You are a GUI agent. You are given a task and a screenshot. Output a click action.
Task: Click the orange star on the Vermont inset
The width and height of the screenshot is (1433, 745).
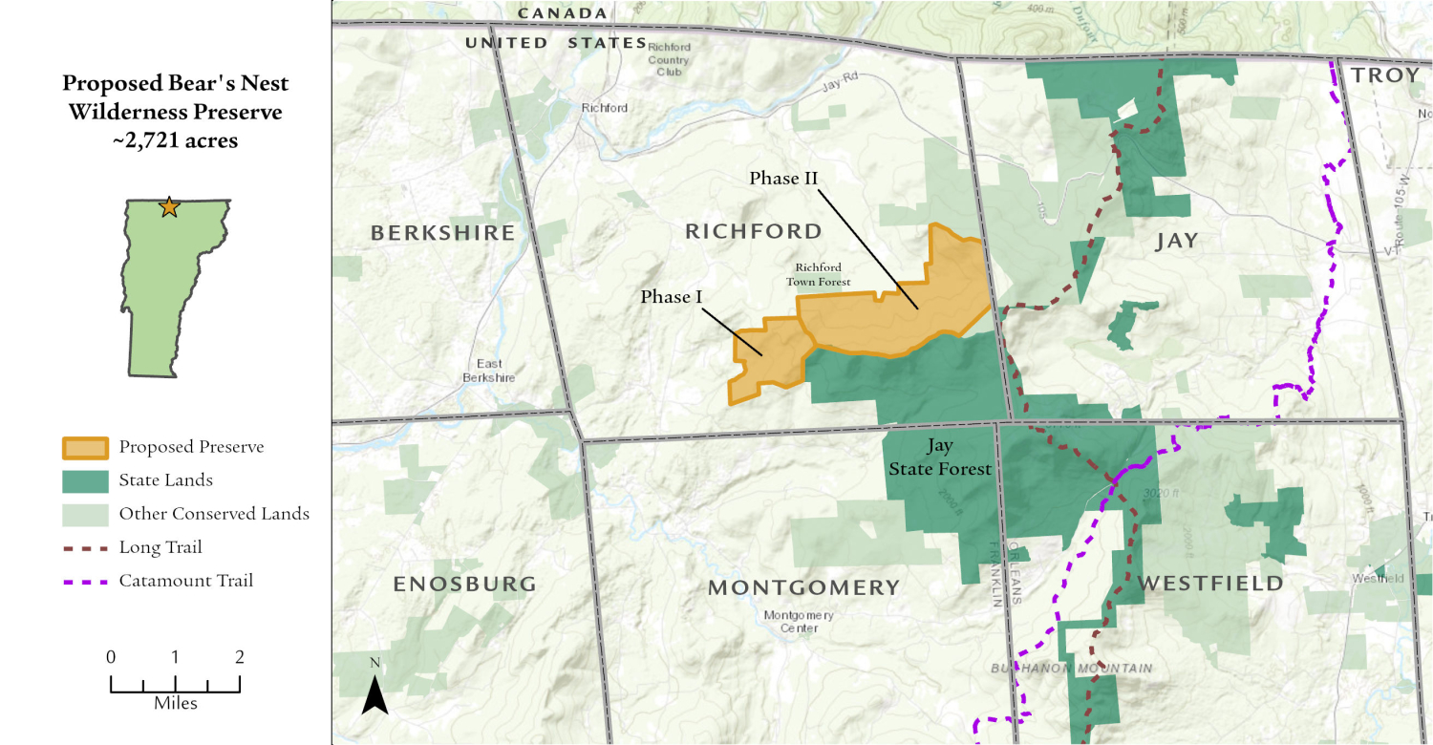click(x=169, y=206)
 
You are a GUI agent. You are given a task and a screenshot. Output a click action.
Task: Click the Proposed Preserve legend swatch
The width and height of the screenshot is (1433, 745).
click(x=84, y=447)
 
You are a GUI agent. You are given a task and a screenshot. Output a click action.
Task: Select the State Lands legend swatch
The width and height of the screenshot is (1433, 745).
click(x=84, y=480)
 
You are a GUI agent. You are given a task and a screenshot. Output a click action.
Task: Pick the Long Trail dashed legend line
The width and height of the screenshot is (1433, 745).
click(x=84, y=548)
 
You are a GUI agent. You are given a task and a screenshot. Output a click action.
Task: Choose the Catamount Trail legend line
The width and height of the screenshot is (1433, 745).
click(x=84, y=581)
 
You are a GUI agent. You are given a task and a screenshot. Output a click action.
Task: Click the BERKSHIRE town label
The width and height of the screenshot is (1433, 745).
click(x=442, y=233)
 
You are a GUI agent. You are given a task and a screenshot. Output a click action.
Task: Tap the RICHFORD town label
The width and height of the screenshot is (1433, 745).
click(x=753, y=231)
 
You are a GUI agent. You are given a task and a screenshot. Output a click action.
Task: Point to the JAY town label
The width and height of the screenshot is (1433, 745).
click(x=1176, y=241)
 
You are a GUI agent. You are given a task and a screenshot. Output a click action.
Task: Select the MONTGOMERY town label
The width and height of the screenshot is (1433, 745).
click(x=803, y=587)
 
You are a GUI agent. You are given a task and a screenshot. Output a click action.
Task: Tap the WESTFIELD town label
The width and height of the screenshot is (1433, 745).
click(x=1210, y=584)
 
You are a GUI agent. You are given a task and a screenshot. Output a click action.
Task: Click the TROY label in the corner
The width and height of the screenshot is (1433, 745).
click(x=1385, y=75)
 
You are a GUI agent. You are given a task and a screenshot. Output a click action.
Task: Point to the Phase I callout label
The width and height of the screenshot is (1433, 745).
click(x=671, y=297)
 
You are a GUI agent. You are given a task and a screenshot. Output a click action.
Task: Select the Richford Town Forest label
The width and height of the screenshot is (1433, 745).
click(x=818, y=274)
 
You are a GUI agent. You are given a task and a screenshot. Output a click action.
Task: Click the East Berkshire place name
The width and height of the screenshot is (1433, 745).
click(x=489, y=371)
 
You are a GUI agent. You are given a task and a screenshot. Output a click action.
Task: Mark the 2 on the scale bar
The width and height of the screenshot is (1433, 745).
click(x=239, y=657)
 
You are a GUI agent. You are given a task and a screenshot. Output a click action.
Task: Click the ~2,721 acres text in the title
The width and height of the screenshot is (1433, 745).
click(x=175, y=141)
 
